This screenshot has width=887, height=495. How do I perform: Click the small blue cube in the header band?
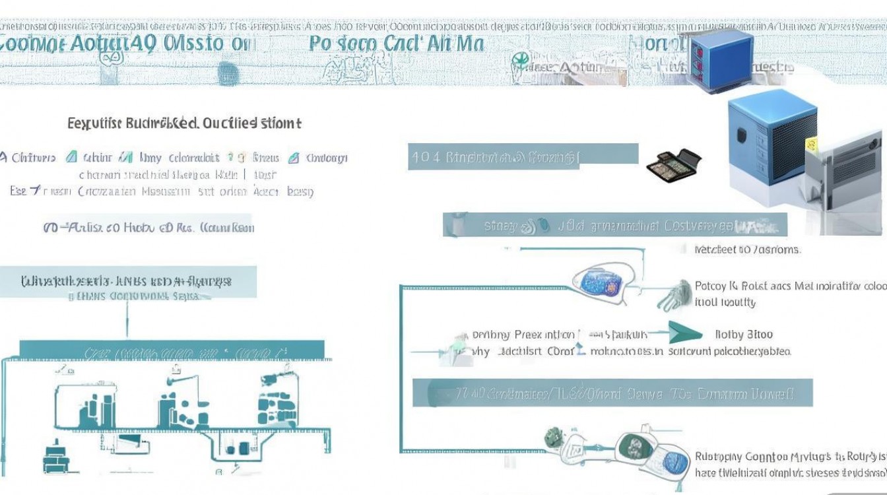pos(721,56)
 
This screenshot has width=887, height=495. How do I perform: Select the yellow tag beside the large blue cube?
pos(811,143)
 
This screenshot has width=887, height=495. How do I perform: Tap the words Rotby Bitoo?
pos(744,335)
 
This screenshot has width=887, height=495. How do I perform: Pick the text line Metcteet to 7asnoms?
pos(747,249)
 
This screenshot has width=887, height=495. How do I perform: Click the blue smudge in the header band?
pos(227,73)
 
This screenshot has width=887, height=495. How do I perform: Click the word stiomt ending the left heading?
pos(280,123)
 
